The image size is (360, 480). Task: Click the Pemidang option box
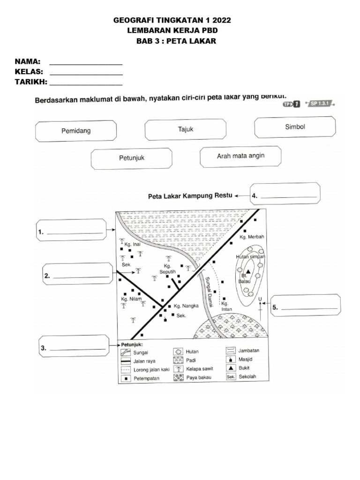(76, 131)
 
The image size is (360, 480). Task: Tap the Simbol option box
(295, 127)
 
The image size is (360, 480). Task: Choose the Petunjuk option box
(131, 158)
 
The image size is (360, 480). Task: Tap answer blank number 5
(306, 307)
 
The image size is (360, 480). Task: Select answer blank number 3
(75, 348)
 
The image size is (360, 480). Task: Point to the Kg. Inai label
(132, 244)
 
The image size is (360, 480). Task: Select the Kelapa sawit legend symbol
(178, 369)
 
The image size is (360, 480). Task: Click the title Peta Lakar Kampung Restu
(190, 196)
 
